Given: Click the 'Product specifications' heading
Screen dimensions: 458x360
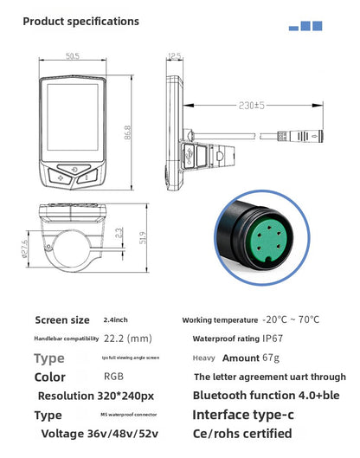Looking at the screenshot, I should click(81, 20).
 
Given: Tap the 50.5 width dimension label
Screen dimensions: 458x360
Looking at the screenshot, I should click(72, 56).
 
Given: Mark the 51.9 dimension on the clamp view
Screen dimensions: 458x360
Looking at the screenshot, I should click(143, 235).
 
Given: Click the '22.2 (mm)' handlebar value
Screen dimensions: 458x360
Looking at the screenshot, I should click(127, 339).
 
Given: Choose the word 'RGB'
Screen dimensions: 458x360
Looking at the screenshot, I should click(113, 377).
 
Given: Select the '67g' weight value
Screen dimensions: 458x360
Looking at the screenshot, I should click(272, 358).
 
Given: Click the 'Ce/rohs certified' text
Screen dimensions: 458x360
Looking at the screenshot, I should click(241, 433).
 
